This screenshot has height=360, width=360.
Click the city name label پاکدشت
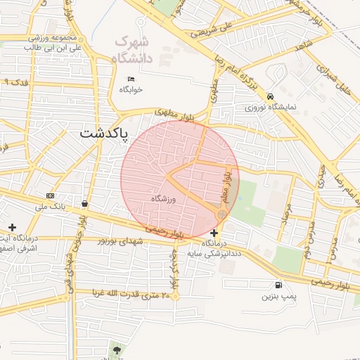pyautogui.click(x=105, y=132)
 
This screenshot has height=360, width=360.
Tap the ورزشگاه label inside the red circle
pyautogui.click(x=162, y=199)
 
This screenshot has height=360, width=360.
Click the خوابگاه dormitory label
pyautogui.click(x=131, y=89)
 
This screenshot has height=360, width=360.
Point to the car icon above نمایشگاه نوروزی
pyautogui.click(x=271, y=96)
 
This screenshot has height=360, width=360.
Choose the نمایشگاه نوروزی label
pyautogui.click(x=271, y=108)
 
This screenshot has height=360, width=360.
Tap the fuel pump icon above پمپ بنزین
pyautogui.click(x=280, y=285)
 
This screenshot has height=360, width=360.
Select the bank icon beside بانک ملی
pyautogui.click(x=50, y=195)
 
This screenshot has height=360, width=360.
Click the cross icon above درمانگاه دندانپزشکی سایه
pyautogui.click(x=214, y=233)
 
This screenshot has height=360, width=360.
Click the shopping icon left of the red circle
pyautogui.click(x=85, y=203)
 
